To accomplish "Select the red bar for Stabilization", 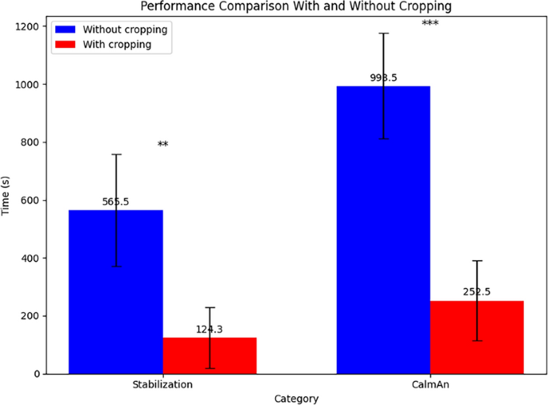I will pyautogui.click(x=210, y=356).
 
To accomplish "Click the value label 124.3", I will pyautogui.click(x=210, y=329).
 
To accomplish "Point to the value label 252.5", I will pyautogui.click(x=477, y=292).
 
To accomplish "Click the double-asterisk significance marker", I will pyautogui.click(x=163, y=145).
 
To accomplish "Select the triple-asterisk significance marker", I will pyautogui.click(x=430, y=24).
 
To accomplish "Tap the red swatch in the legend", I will pyautogui.click(x=66, y=45).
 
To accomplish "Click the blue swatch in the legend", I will pyautogui.click(x=66, y=29).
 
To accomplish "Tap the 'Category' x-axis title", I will pyautogui.click(x=296, y=398).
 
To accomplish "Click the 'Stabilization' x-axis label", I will pyautogui.click(x=162, y=385).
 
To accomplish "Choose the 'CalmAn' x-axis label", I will pyautogui.click(x=430, y=385).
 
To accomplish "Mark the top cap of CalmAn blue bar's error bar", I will pyautogui.click(x=383, y=34).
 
